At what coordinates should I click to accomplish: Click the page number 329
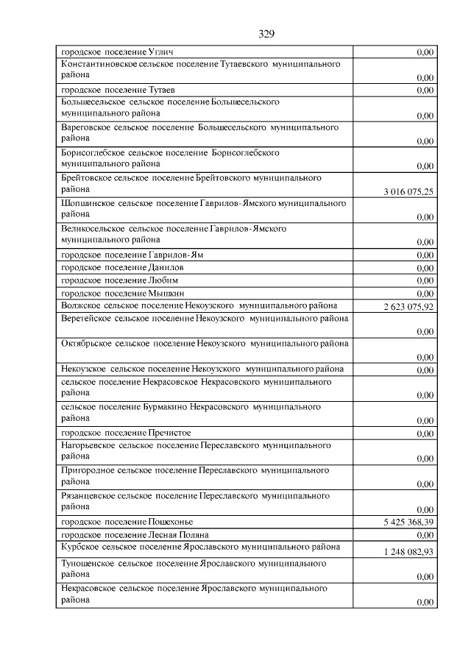266,34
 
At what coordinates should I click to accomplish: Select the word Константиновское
99,65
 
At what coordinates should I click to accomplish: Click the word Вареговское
88,127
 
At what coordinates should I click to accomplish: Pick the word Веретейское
88,318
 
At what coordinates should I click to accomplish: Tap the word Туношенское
88,563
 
